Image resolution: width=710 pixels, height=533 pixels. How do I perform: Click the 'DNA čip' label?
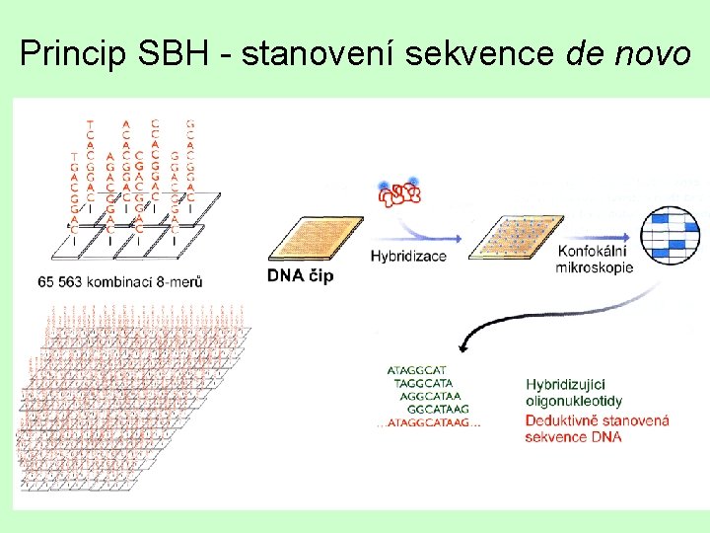tap(300, 275)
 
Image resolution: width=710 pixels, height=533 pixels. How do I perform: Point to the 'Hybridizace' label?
tap(408, 257)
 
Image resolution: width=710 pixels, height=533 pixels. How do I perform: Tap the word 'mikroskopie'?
tap(594, 267)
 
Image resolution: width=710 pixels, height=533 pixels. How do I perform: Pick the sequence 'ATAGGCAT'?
tap(417, 371)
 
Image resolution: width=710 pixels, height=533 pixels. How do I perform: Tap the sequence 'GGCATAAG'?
tap(438, 410)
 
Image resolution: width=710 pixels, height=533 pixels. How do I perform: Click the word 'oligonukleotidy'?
tap(573, 401)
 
